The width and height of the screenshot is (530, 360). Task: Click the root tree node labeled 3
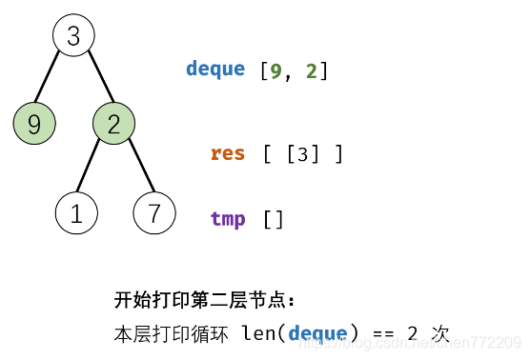click(73, 36)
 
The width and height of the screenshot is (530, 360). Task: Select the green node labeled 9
click(34, 124)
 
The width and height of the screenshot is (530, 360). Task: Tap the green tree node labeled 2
click(113, 124)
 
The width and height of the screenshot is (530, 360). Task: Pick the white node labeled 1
click(76, 213)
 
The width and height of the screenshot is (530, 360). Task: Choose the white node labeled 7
click(154, 213)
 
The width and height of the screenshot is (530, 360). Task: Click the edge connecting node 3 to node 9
click(53, 80)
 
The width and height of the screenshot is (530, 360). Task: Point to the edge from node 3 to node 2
click(93, 80)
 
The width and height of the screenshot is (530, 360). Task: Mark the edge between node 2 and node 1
click(94, 169)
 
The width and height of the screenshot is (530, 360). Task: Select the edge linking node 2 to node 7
click(134, 169)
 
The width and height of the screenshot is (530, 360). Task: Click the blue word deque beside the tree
click(215, 70)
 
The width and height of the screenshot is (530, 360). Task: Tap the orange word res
click(228, 153)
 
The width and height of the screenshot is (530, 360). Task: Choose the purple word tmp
click(228, 219)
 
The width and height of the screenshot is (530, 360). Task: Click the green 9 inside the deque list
click(275, 70)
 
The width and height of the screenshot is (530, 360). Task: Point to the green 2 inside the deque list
click(311, 70)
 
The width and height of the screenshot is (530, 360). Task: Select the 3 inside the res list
click(302, 154)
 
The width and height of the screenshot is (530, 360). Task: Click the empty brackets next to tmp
click(274, 220)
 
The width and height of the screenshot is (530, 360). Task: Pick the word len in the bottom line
click(257, 333)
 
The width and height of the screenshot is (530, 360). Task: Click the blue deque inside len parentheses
click(317, 333)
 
